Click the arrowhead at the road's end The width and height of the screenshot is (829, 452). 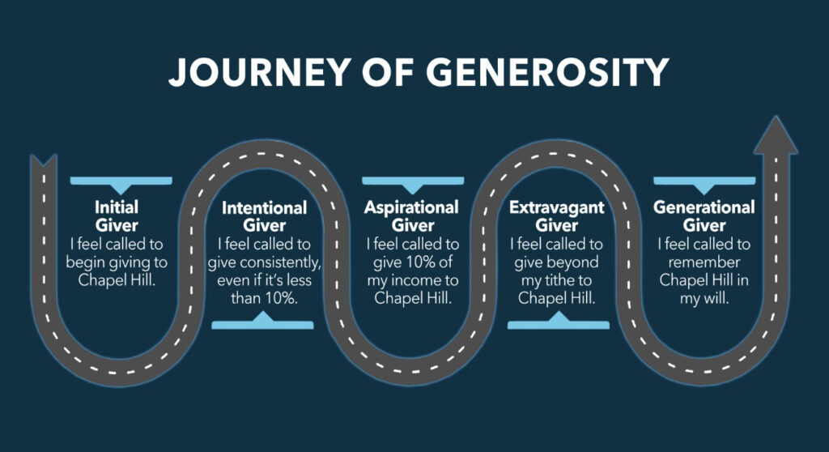pos(775,136)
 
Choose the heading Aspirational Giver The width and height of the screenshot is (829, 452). pos(411,215)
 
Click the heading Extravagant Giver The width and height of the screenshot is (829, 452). pos(557,215)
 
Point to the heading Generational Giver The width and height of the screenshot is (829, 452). pos(704,215)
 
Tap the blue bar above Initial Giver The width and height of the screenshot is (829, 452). pos(121,181)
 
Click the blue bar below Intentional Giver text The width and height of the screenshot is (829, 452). pos(263,324)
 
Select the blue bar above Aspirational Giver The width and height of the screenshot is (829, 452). pos(413,181)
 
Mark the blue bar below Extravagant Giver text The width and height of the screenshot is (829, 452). pos(559,324)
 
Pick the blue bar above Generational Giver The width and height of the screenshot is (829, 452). pos(704,181)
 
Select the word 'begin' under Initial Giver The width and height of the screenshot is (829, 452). pos(91,261)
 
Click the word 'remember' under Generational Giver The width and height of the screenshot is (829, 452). pos(704,261)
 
